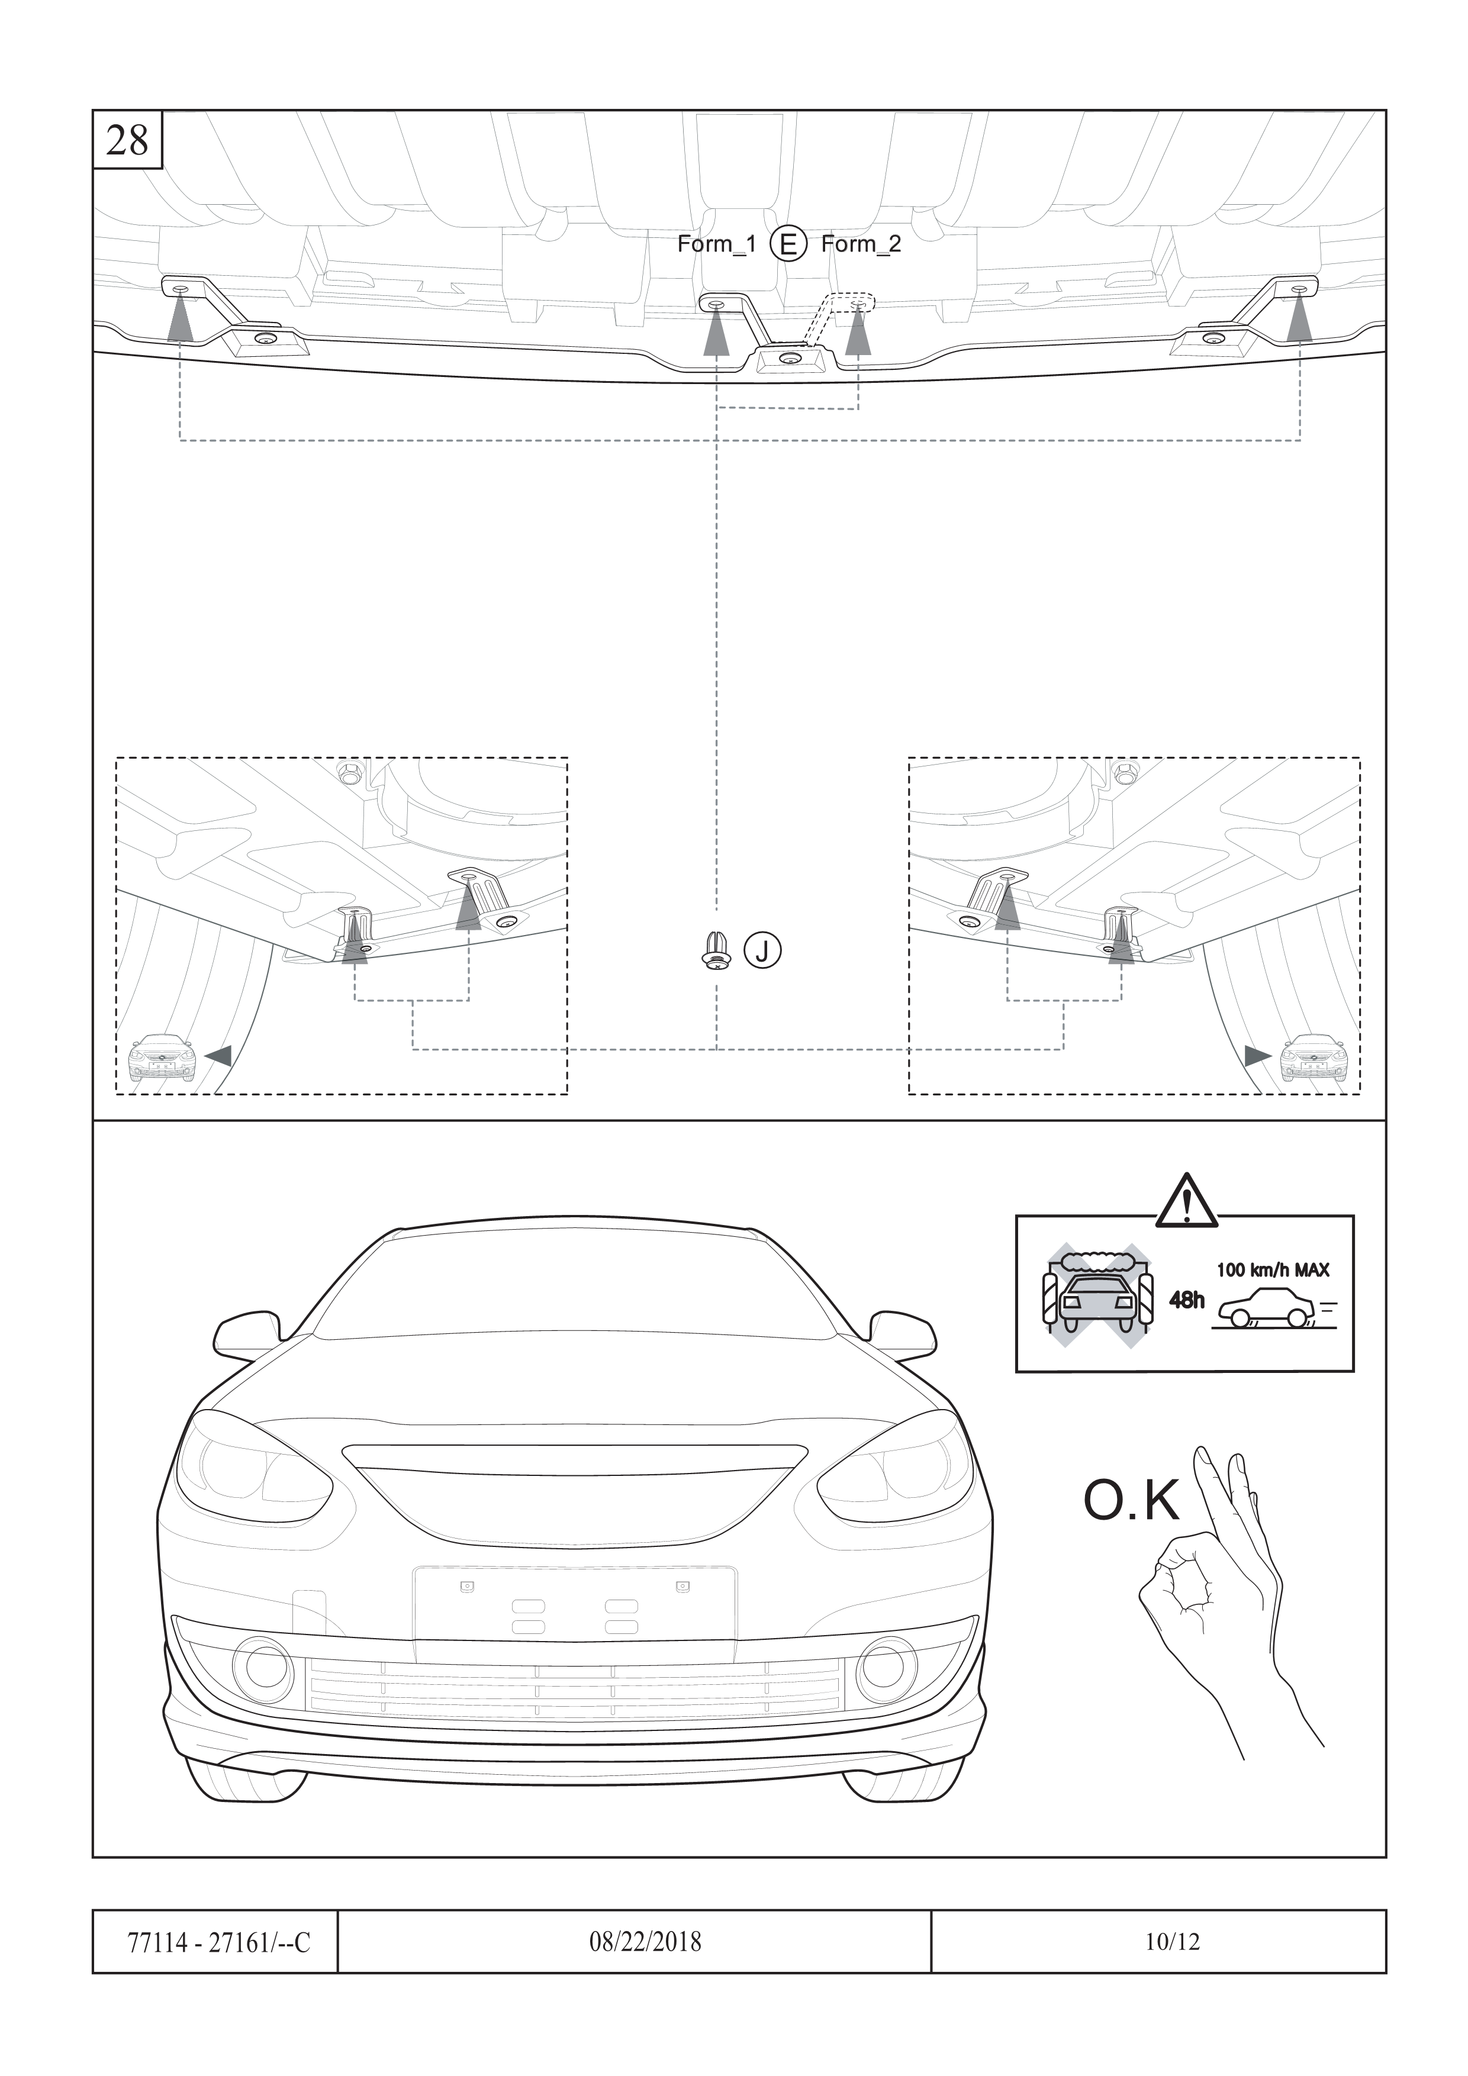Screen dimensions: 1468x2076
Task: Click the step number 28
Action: pos(127,140)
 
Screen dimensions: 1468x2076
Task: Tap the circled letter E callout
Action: pos(788,244)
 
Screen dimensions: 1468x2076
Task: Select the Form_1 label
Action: pos(716,244)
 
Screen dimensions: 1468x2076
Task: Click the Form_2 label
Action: pos(861,244)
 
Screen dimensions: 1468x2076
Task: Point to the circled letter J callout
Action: pos(762,951)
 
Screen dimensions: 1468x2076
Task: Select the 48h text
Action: pos(1187,1300)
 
